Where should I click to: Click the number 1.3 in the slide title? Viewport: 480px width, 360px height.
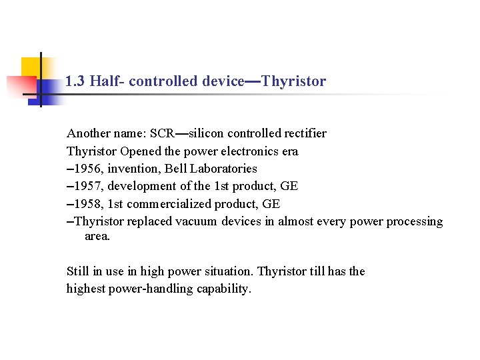[x=75, y=81]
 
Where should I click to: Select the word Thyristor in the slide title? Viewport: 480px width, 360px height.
[x=294, y=81]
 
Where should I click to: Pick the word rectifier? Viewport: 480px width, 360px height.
[x=303, y=133]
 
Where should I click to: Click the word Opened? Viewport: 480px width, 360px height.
[x=141, y=151]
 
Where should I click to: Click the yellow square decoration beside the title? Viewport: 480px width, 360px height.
[x=32, y=67]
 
